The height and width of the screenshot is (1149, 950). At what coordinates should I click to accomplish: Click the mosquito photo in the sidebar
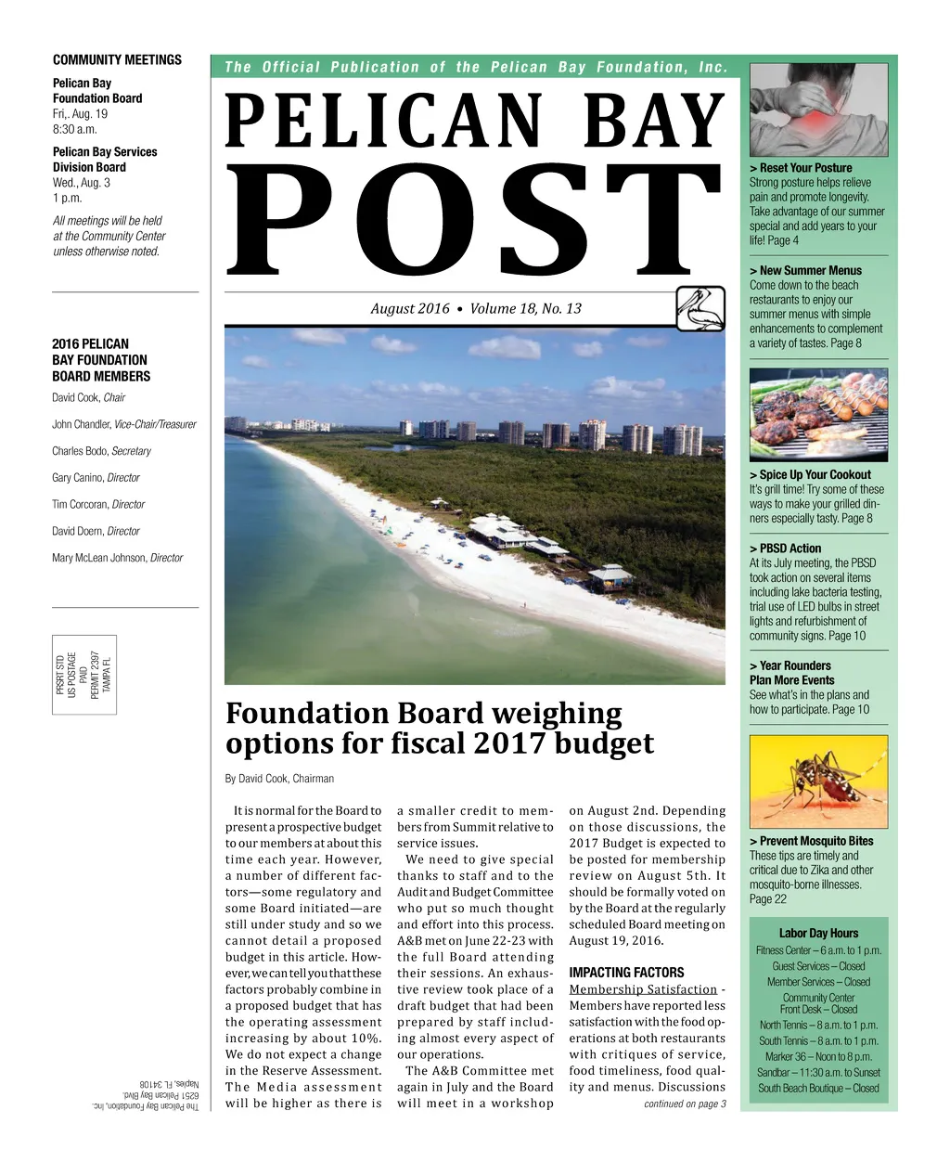[818, 782]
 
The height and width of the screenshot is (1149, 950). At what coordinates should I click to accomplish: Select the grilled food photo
[818, 415]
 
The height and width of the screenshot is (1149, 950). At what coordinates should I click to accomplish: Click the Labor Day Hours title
[818, 934]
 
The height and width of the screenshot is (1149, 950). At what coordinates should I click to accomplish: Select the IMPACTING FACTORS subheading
[626, 973]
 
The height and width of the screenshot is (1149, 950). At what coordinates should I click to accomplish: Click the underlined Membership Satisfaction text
[643, 989]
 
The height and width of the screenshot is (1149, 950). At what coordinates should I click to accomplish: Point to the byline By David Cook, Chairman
[279, 779]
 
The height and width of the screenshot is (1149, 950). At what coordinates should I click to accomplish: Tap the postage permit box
[84, 674]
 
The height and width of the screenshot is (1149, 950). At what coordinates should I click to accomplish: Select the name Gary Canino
[77, 478]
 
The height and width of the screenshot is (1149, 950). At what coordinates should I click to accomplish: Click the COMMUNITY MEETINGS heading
[117, 60]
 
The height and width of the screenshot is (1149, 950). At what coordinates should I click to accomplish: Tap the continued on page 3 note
[685, 1104]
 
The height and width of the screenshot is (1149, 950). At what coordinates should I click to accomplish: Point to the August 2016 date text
[410, 309]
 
